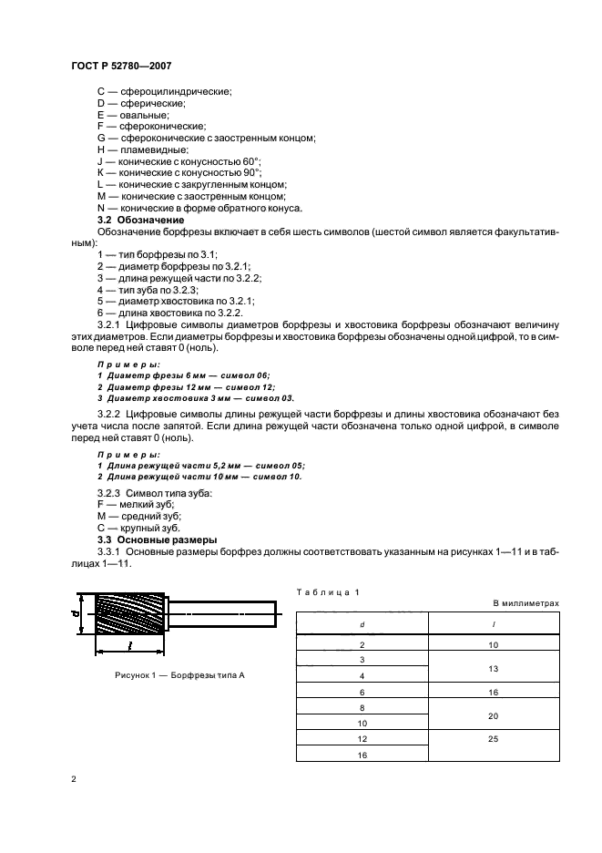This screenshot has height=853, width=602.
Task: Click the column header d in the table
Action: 362,624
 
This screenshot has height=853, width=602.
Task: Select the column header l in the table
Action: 493,624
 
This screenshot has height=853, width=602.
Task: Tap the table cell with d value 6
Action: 362,693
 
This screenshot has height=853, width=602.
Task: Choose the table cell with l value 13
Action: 493,668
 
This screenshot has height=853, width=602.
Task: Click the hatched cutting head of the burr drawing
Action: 131,615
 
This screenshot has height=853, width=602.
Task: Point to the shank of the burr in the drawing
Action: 224,614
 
